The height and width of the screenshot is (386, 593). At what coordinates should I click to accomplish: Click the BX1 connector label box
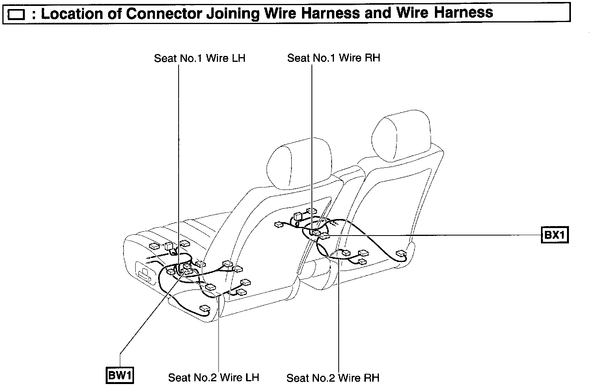coord(555,235)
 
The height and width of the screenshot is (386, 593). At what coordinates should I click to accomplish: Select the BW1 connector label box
coord(120,375)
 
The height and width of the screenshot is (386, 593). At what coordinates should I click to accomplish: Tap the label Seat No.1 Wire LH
coord(200,58)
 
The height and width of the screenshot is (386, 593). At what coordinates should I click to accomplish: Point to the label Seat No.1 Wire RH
coord(334,58)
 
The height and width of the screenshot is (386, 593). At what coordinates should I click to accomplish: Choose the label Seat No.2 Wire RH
coord(333,378)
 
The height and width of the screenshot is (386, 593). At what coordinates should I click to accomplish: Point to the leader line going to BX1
coord(434,235)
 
